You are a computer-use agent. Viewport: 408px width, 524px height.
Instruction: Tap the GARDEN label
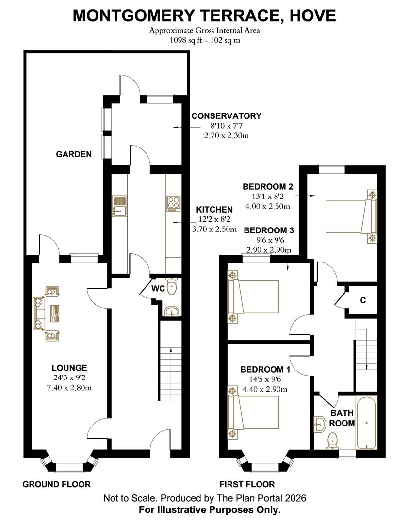[x=74, y=154]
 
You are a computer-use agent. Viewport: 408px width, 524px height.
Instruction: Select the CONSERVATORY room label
[x=226, y=116]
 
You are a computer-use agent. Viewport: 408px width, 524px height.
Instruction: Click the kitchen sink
[x=119, y=206]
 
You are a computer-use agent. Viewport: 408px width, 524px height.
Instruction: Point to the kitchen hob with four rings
[x=173, y=204]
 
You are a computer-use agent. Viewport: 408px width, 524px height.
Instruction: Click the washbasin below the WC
[x=171, y=311]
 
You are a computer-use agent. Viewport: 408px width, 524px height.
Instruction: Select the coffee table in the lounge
[x=56, y=313]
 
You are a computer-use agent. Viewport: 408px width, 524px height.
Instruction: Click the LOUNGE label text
[x=70, y=368]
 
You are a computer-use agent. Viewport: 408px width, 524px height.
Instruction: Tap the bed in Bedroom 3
[x=255, y=296]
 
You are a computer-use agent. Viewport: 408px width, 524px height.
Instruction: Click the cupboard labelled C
[x=362, y=300]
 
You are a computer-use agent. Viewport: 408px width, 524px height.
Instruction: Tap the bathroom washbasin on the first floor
[x=320, y=424]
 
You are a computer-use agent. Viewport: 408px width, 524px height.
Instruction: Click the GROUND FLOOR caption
[x=56, y=484]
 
